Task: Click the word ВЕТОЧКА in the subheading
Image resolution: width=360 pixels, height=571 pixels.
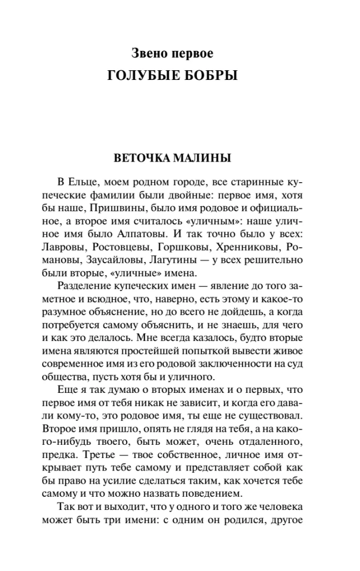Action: pyautogui.click(x=146, y=158)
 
